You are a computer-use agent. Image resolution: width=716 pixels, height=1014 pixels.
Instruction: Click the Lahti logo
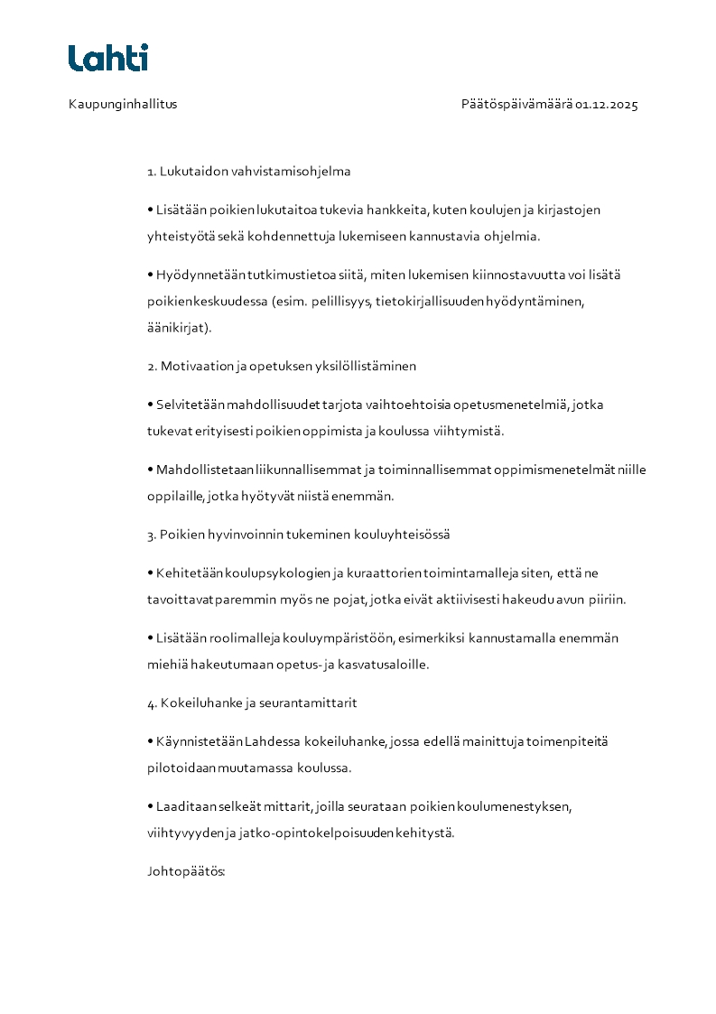pyautogui.click(x=107, y=58)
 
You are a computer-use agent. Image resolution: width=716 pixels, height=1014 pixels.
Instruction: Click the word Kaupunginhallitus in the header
pyautogui.click(x=123, y=104)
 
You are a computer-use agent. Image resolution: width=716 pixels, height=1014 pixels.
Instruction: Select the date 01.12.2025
pyautogui.click(x=607, y=104)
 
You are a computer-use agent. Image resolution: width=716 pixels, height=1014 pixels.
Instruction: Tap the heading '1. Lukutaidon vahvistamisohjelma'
pyautogui.click(x=249, y=171)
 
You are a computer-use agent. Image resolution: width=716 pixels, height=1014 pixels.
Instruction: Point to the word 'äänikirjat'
pyautogui.click(x=177, y=328)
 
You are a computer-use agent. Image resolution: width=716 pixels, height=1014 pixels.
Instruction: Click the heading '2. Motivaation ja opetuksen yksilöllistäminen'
pyautogui.click(x=282, y=366)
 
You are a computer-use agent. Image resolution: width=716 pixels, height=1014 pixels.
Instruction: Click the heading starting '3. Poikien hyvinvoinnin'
pyautogui.click(x=298, y=535)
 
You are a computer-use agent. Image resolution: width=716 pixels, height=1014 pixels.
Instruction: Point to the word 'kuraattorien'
pyautogui.click(x=372, y=572)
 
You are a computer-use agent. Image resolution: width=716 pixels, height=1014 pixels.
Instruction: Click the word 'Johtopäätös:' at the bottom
pyautogui.click(x=186, y=871)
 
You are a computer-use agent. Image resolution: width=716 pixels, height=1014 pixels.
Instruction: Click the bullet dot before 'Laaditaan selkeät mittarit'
pyautogui.click(x=151, y=806)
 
